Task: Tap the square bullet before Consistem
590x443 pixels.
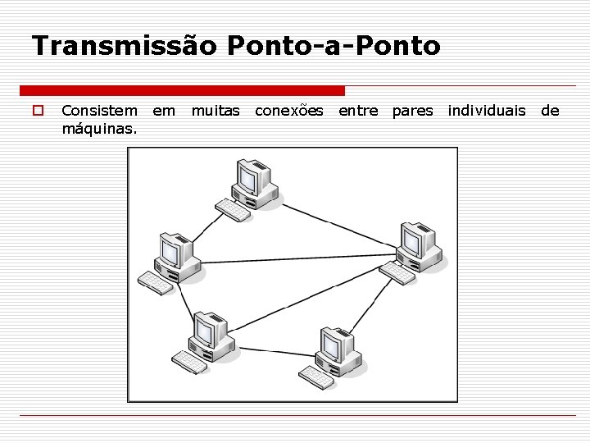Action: [x=37, y=110]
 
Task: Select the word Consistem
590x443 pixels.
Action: [x=100, y=110]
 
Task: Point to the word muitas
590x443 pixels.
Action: [x=216, y=110]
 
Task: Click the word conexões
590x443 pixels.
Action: [x=289, y=110]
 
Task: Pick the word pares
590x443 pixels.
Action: [x=412, y=110]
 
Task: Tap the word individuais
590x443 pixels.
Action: [x=487, y=110]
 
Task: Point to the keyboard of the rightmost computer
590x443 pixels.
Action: [x=397, y=272]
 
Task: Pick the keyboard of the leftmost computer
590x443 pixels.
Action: [x=156, y=282]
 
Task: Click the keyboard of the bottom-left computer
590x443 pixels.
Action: [x=189, y=362]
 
